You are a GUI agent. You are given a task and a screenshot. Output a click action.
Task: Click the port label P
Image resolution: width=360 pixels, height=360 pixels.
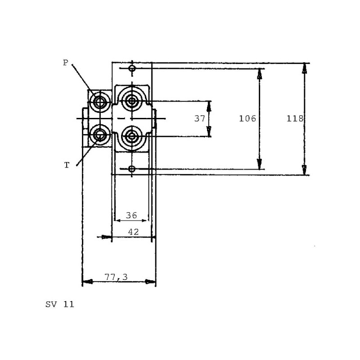[66, 63]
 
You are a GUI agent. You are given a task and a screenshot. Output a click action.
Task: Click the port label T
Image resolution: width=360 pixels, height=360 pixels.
[67, 165]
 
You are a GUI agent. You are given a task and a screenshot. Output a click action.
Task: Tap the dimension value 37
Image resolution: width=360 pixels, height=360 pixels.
[199, 118]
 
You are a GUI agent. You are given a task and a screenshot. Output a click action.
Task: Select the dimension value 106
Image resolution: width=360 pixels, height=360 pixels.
[247, 118]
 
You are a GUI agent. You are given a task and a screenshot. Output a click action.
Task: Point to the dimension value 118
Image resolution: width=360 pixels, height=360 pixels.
[295, 118]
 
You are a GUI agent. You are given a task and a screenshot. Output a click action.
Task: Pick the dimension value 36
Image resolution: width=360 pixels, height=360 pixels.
[131, 216]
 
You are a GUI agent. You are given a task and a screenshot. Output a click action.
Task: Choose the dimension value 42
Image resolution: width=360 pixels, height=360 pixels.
[133, 232]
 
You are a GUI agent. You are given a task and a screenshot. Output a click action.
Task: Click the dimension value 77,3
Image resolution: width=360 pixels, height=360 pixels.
[116, 277]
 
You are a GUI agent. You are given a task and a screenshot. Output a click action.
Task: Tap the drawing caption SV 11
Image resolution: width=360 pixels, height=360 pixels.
[60, 305]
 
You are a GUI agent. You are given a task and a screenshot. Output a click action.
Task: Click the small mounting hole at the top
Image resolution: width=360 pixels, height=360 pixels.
[132, 68]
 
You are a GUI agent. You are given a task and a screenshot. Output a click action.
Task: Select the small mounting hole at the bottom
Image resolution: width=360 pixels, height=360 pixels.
[131, 169]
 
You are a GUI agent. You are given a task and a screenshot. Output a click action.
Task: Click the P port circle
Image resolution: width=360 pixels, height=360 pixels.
[100, 102]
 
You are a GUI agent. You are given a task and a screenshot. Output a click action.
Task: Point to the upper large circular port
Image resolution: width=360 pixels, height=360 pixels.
[132, 101]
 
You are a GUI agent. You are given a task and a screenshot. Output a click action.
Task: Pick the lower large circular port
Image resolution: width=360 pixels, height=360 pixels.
[132, 136]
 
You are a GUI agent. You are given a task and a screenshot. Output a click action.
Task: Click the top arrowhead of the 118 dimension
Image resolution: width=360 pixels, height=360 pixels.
[305, 68]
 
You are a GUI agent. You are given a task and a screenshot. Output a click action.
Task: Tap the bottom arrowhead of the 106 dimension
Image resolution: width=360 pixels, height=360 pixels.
[260, 164]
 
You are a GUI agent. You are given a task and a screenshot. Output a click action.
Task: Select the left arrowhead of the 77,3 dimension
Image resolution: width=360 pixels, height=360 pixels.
[87, 282]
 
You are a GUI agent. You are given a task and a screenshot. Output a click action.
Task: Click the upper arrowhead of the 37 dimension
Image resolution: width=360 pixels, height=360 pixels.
[209, 106]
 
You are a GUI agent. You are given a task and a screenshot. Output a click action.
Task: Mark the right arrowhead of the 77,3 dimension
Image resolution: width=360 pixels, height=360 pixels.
[150, 282]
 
